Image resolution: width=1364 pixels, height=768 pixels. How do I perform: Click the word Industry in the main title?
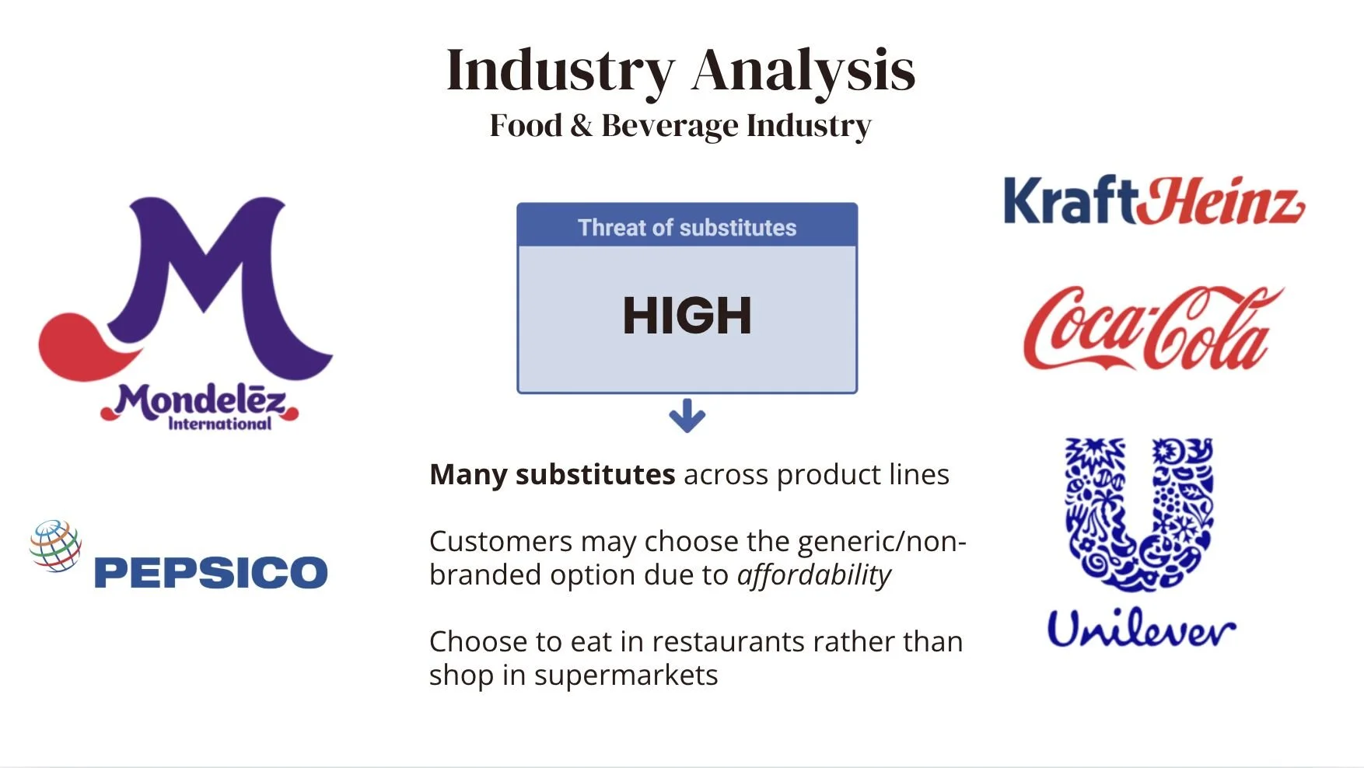coord(561,72)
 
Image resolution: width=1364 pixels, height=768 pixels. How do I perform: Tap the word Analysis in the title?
coord(803,72)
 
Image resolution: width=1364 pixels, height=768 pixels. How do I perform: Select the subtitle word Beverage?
coord(670,126)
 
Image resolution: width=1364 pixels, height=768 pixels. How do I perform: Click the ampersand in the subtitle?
coord(581,126)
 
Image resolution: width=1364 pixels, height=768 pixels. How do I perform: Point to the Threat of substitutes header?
coord(687,227)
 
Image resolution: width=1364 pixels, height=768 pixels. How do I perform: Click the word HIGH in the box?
coord(687,316)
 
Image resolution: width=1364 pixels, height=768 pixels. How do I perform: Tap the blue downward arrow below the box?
coord(687,416)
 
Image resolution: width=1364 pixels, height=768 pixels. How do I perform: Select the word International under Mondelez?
coord(220,424)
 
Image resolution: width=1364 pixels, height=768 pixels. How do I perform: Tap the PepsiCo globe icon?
coord(55,546)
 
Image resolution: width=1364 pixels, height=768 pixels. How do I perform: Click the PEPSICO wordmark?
coord(211,572)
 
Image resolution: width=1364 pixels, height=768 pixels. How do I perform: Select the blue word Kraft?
coord(1071,201)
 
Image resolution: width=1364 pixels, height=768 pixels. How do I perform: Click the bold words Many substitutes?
coord(552,474)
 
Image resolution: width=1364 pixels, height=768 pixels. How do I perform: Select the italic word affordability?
coord(814,575)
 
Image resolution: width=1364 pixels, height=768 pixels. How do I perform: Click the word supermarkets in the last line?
coord(626,675)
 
